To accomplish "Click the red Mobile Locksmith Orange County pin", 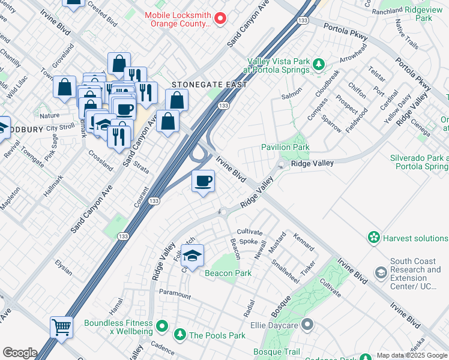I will pos(220,19).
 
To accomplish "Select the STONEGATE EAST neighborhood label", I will pos(209,85).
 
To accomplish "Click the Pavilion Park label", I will pos(285,147).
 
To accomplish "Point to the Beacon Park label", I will pos(228,273).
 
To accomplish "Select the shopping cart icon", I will pos(61,328).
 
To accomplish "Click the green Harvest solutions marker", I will pos(375,238).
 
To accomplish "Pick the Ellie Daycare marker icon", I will pos(307,325).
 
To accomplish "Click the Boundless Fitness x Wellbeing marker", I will pos(161,327).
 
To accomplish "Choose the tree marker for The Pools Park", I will pos(179,335).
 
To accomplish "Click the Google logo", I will pos(20,353).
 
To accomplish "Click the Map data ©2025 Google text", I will pos(412,355).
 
